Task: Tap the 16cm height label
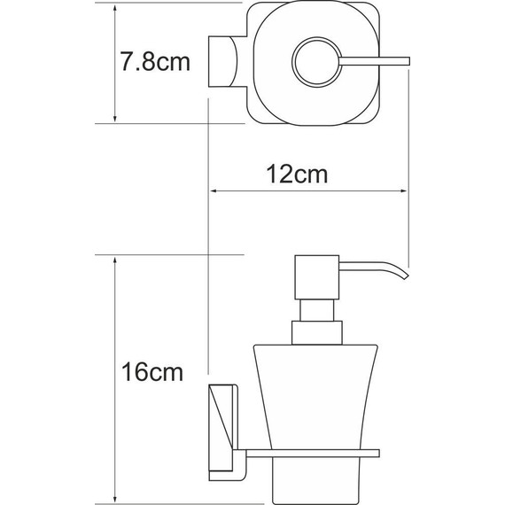coord(147,373)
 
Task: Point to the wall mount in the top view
coord(222,63)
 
